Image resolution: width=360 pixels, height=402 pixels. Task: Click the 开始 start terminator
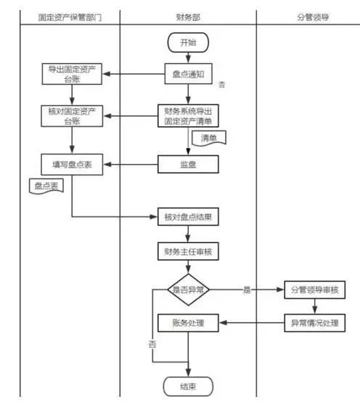pos(188,43)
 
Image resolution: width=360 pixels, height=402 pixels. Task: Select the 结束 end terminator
pos(188,386)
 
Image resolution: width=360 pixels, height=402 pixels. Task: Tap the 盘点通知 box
pos(188,74)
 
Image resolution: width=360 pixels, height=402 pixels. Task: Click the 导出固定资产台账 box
pos(72,74)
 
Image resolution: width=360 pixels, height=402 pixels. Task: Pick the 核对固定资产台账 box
pos(72,116)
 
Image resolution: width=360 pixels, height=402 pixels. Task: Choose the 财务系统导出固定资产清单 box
pos(188,115)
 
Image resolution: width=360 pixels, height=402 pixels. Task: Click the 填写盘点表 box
pos(72,165)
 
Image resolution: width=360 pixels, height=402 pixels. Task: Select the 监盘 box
pos(188,164)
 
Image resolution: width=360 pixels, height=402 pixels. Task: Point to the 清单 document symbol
pos(209,139)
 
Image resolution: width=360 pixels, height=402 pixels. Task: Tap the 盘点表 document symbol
pos(46,186)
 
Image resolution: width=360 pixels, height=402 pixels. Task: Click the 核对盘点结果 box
pos(188,217)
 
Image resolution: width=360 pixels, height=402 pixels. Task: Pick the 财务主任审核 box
pos(188,252)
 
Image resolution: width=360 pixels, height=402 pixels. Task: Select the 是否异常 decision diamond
pos(188,290)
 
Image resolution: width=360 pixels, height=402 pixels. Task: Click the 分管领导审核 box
pos(314,290)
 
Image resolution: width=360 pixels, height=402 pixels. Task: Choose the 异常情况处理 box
pos(314,323)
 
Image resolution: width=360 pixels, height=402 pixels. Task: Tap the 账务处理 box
pos(188,323)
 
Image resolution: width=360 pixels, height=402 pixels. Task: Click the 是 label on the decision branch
pos(247,290)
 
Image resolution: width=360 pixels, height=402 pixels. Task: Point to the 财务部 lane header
pos(188,17)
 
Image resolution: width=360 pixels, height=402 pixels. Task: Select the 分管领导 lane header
pos(313,17)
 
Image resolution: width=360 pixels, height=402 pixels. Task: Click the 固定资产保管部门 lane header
pos(70,17)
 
